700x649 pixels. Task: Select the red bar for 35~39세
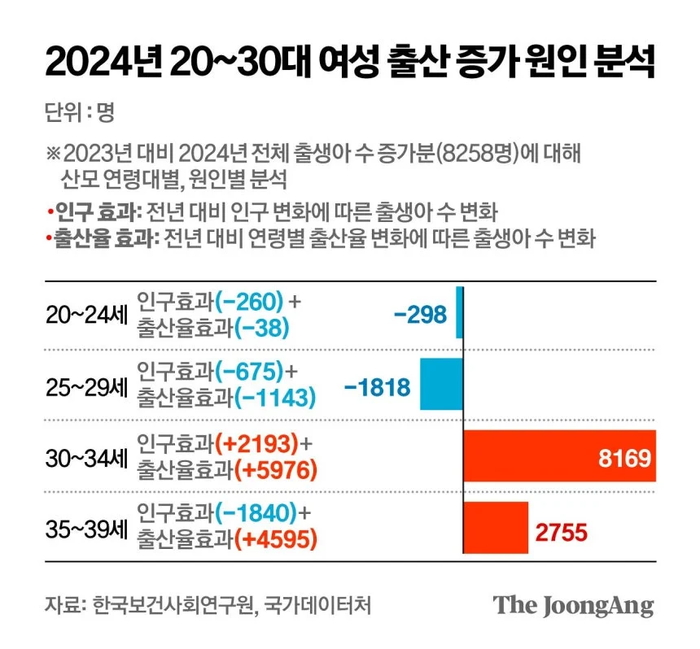[x=496, y=526]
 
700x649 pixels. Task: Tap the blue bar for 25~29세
[x=441, y=384]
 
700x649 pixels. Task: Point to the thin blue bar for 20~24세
[x=459, y=312]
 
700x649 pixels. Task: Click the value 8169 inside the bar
[x=624, y=457]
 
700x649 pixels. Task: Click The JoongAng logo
[x=573, y=606]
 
